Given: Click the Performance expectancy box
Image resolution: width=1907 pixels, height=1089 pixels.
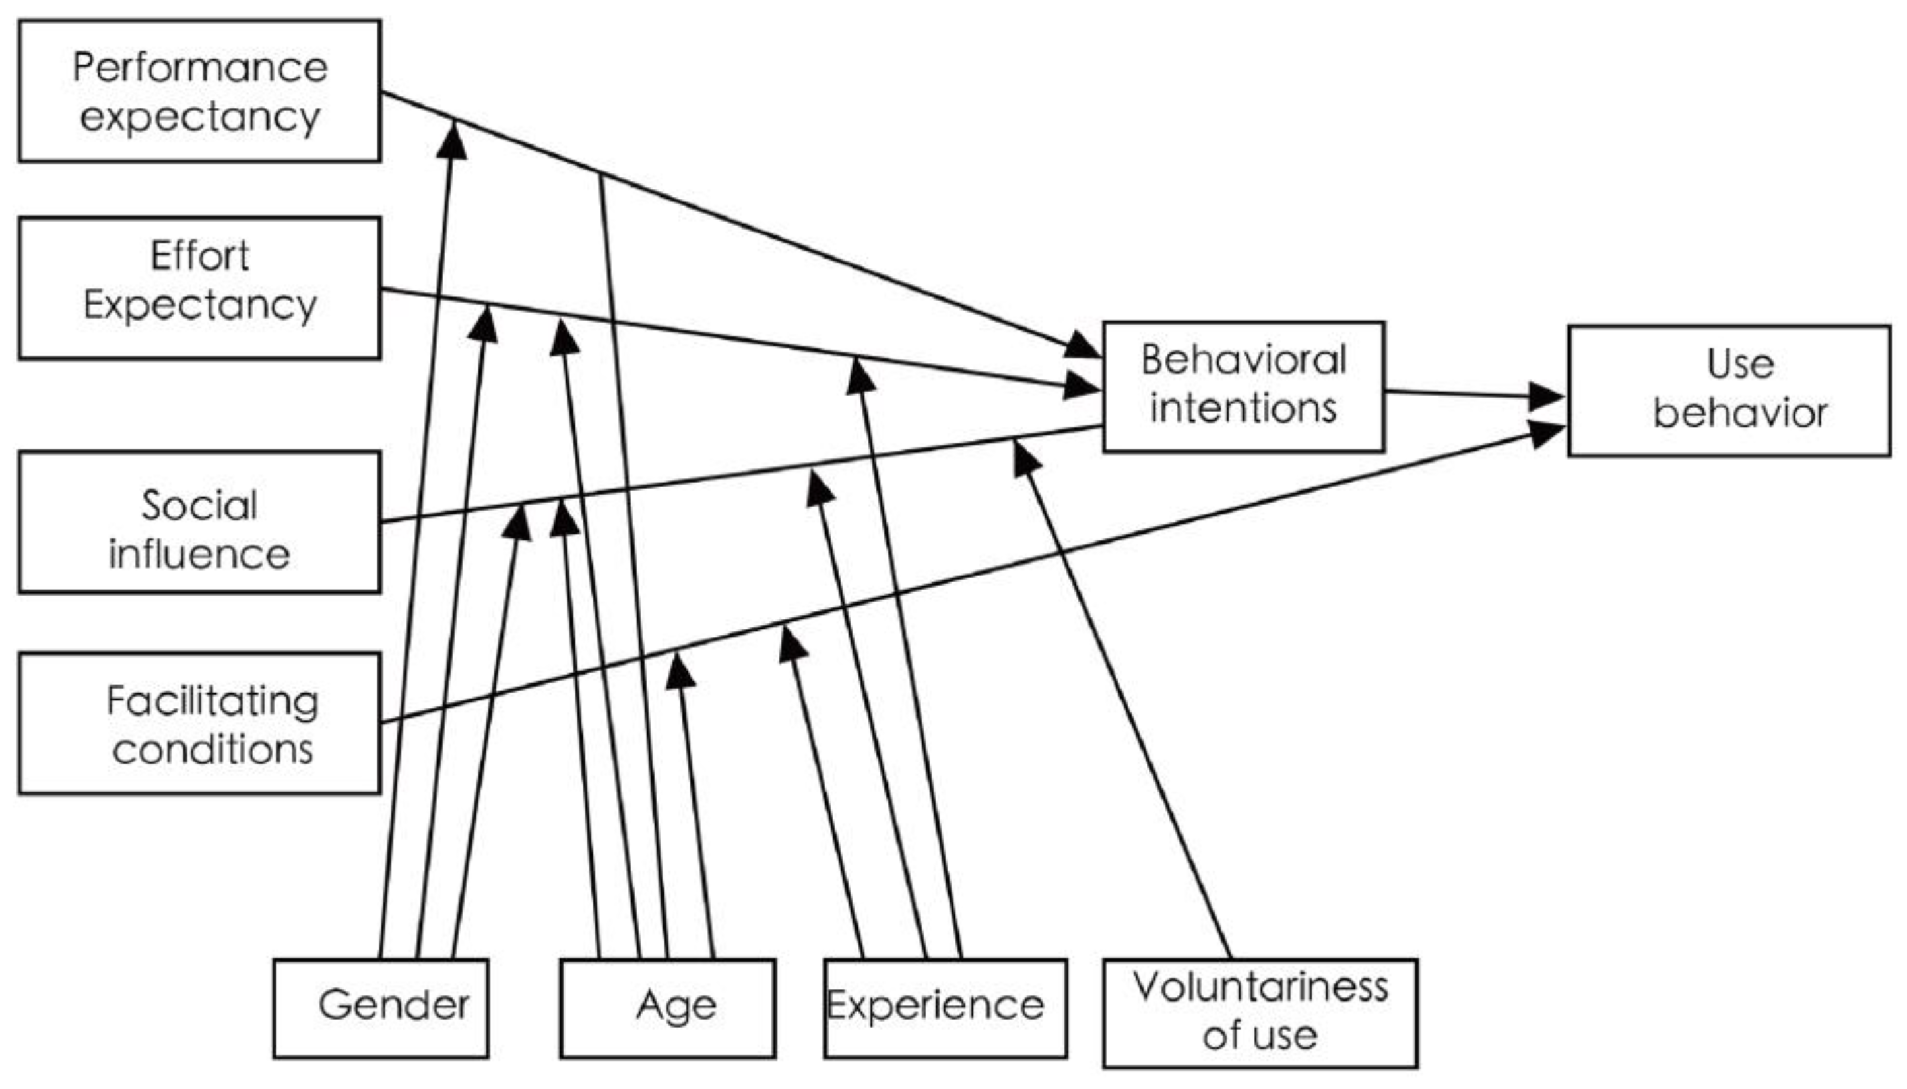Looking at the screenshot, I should [x=199, y=90].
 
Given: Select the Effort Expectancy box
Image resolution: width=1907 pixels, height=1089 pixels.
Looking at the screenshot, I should [x=199, y=288].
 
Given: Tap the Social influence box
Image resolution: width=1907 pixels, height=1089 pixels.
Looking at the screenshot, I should [x=199, y=522].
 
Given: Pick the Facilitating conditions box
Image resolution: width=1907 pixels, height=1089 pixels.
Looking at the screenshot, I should [x=199, y=724].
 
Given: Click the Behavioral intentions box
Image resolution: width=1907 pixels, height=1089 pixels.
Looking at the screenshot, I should [x=1243, y=387].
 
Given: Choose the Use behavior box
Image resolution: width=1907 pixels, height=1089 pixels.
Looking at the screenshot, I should [x=1728, y=390].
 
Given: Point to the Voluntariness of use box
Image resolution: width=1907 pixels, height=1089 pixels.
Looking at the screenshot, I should [x=1259, y=1012].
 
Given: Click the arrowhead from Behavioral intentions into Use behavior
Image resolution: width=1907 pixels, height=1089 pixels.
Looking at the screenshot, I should [x=1545, y=397].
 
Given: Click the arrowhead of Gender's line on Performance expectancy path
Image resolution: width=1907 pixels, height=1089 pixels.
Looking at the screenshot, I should [x=453, y=140].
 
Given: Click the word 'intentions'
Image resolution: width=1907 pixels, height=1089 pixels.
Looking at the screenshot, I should [x=1243, y=409].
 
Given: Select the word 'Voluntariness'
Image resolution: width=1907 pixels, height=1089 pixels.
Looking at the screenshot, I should [x=1260, y=987].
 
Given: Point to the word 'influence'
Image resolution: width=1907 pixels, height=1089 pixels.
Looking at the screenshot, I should [x=199, y=554].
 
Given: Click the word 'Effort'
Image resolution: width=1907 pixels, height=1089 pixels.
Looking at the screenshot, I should [x=199, y=257].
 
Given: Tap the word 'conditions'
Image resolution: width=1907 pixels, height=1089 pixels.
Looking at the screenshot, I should [x=212, y=749].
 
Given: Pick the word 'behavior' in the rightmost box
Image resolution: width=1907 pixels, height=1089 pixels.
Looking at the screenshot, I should [x=1739, y=414].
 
